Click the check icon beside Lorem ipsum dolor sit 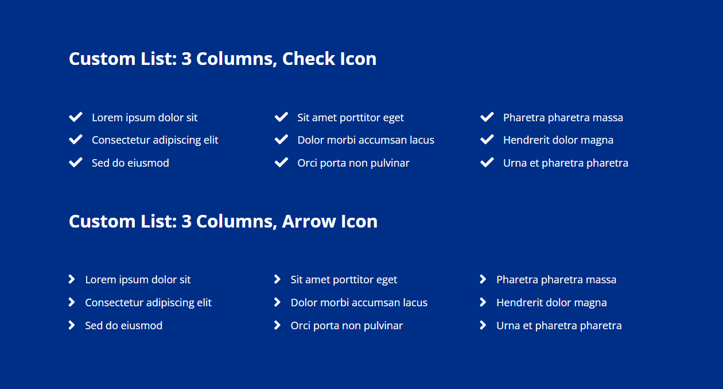[x=76, y=117]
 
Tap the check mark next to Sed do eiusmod [x=76, y=162]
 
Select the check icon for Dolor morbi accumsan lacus [x=281, y=140]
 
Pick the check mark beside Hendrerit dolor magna [x=487, y=140]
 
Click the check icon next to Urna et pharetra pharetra [x=487, y=162]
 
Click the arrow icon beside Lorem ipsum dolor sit [x=72, y=279]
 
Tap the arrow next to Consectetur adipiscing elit [x=72, y=302]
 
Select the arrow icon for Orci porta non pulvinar [x=277, y=325]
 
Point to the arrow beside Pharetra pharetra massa [x=483, y=279]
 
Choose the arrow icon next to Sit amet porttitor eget [x=277, y=279]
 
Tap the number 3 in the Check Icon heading [x=186, y=59]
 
